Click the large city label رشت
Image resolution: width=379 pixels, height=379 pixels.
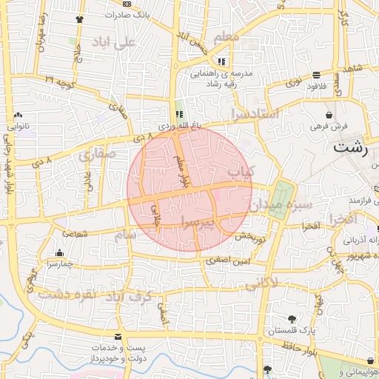click(350, 146)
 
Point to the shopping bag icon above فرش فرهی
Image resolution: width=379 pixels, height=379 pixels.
click(328, 115)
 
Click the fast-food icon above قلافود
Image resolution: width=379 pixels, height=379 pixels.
click(317, 74)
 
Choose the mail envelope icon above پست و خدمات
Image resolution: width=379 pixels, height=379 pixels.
click(118, 337)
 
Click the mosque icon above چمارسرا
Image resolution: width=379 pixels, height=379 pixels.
click(59, 252)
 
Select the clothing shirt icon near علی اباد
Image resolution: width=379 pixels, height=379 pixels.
click(80, 19)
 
